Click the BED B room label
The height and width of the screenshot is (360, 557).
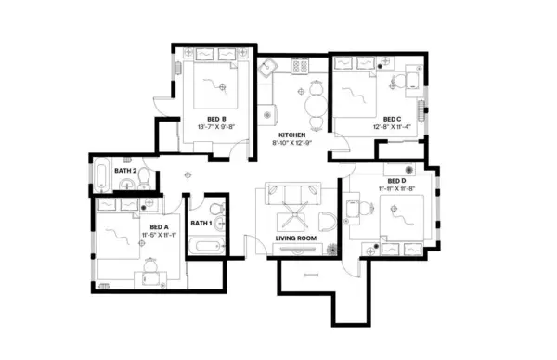[x=218, y=119]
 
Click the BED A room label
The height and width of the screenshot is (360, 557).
[x=159, y=227]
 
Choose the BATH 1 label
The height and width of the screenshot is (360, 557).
[x=201, y=223]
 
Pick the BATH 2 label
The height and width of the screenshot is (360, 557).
[x=126, y=171]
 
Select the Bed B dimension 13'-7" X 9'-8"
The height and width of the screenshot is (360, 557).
[x=218, y=127]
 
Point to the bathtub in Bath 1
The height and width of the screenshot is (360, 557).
[x=204, y=246]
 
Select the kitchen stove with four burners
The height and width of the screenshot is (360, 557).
[x=301, y=66]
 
